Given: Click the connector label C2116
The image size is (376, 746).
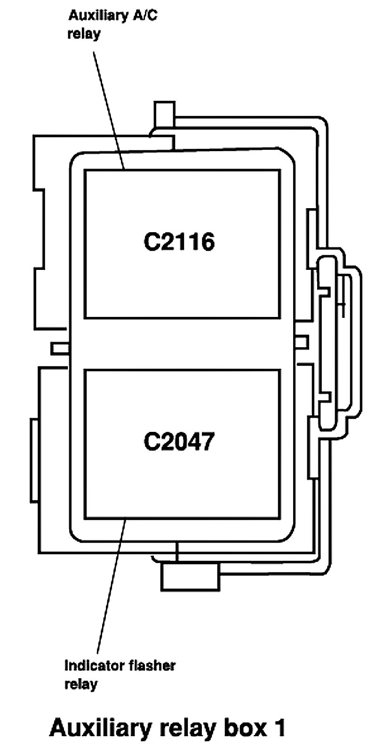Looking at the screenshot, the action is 179,242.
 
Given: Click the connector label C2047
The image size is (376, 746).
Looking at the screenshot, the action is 179,442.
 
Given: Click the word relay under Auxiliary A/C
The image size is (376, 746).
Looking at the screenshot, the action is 84,34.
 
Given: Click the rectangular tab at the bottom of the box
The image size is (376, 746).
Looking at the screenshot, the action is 190,577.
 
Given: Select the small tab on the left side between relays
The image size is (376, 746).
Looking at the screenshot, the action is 60,348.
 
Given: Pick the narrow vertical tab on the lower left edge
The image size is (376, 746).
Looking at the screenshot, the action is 34,459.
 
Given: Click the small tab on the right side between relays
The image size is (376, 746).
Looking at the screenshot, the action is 301,341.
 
